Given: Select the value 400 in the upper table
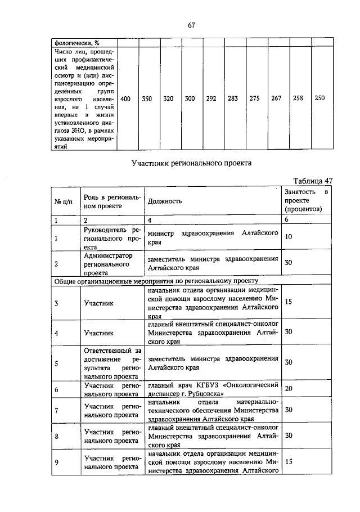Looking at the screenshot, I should pos(126,98).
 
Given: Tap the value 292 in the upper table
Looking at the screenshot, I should pos(211,98).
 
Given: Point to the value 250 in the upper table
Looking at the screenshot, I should pos(319,98).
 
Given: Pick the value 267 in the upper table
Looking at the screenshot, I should pos(276,98).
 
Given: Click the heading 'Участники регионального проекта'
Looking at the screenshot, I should pos(191,164).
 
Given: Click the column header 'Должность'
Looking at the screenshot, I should pos(163,201).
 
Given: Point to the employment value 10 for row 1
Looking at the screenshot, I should pos(289,237).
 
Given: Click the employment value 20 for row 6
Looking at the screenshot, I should pos(289,388).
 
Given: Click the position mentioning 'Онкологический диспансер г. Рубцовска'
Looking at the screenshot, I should pos(213,389).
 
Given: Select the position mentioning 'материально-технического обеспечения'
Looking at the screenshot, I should pos(213,411).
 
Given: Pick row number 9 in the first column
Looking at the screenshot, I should pos(56,462).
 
